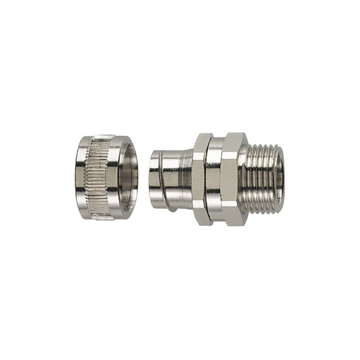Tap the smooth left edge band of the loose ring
tap(81, 177)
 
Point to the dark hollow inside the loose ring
tap(127, 177)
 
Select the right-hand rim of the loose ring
tap(135, 177)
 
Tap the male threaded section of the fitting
tap(262, 177)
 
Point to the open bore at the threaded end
tap(280, 177)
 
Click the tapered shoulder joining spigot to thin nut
tap(189, 177)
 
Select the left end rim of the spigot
tap(153, 177)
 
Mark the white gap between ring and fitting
tap(143, 177)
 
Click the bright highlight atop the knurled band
tap(100, 139)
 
